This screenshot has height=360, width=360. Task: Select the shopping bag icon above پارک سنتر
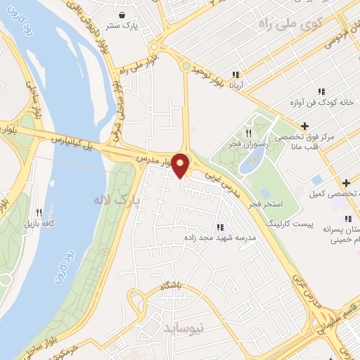pos(124,15)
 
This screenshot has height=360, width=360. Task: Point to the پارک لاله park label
pos(116,200)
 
